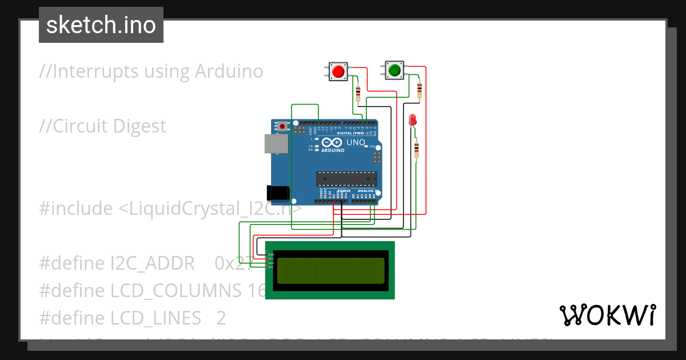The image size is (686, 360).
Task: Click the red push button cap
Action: coord(338,71)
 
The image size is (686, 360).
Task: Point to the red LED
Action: coord(412,119)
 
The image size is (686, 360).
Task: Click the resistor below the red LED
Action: coord(416,150)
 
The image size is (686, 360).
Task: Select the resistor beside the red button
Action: coord(358,91)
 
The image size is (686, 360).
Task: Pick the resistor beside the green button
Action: coord(420,89)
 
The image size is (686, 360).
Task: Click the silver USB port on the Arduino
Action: coord(275,143)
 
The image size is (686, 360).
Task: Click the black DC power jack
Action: coord(278,193)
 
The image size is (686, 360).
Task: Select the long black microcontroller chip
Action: coord(346,178)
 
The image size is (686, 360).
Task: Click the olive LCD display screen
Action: coord(330,271)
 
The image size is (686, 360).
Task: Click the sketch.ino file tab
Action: coord(101,25)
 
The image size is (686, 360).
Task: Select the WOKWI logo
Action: coord(607,315)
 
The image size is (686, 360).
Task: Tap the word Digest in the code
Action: coord(139,126)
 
